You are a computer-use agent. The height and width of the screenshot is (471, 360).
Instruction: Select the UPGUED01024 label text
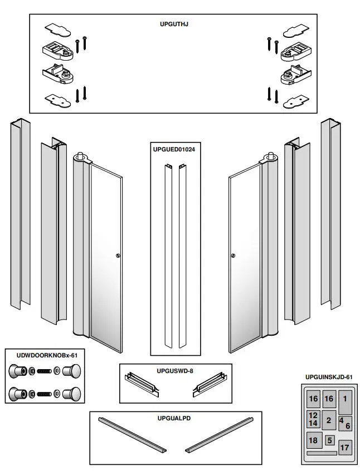click(x=175, y=149)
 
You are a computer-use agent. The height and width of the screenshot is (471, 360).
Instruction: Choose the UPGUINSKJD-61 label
click(x=329, y=377)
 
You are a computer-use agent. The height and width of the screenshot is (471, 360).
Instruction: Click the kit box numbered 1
click(x=346, y=403)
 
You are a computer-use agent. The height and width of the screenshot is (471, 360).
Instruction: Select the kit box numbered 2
click(x=329, y=420)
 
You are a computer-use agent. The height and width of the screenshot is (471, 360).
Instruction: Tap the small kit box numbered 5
click(x=330, y=440)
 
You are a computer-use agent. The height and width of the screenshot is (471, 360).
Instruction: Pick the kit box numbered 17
click(x=345, y=447)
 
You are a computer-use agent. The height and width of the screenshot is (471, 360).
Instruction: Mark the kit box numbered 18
click(x=313, y=440)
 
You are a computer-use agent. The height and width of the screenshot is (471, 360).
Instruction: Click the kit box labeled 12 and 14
click(x=313, y=419)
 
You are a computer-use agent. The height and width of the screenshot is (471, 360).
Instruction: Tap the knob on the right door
click(x=232, y=256)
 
